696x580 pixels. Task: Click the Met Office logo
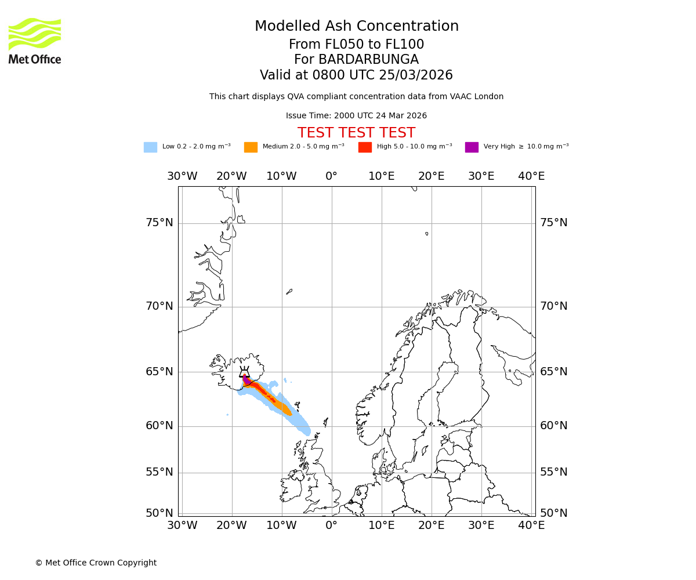[35, 41]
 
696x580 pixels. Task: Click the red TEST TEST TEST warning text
[356, 133]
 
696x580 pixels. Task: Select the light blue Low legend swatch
[150, 147]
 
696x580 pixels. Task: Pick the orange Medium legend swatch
[251, 147]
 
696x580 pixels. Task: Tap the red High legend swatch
[365, 147]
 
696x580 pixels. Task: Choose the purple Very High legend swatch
[472, 147]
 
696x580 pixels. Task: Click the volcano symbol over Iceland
[245, 372]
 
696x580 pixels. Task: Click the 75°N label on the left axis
[159, 223]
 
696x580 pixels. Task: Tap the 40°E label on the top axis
[531, 176]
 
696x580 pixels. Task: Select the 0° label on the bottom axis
[331, 525]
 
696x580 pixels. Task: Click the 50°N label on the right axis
[553, 513]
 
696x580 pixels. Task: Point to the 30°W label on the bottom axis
[182, 525]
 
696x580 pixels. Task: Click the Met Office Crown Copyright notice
[96, 563]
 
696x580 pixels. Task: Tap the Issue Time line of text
[356, 116]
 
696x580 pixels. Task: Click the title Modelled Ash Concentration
[356, 26]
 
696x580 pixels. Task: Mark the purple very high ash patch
[246, 380]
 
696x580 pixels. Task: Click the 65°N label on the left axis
[159, 372]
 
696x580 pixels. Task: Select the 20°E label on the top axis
[431, 176]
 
